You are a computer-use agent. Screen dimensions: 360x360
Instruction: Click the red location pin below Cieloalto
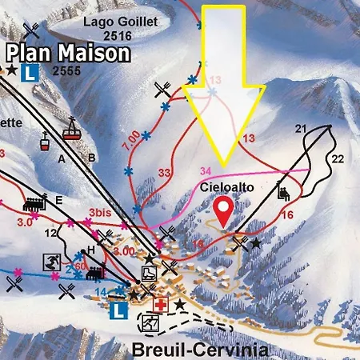pyautogui.click(x=226, y=210)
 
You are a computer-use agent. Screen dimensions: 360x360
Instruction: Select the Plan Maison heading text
pyautogui.click(x=68, y=54)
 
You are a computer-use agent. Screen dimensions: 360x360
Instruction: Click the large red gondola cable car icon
pyautogui.click(x=72, y=129)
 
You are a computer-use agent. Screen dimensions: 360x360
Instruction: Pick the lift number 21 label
pyautogui.click(x=301, y=129)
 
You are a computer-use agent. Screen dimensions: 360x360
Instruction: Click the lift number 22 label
pyautogui.click(x=338, y=157)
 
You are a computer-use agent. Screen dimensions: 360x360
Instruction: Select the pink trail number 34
pyautogui.click(x=206, y=170)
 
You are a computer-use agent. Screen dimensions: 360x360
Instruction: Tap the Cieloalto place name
pyautogui.click(x=220, y=187)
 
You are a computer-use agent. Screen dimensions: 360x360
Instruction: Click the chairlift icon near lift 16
pyautogui.click(x=283, y=190)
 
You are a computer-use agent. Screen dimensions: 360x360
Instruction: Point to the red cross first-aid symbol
pyautogui.click(x=162, y=306)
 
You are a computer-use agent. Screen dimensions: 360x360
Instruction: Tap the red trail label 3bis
pyautogui.click(x=100, y=214)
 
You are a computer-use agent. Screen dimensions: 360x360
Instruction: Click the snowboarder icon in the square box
pyautogui.click(x=49, y=261)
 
